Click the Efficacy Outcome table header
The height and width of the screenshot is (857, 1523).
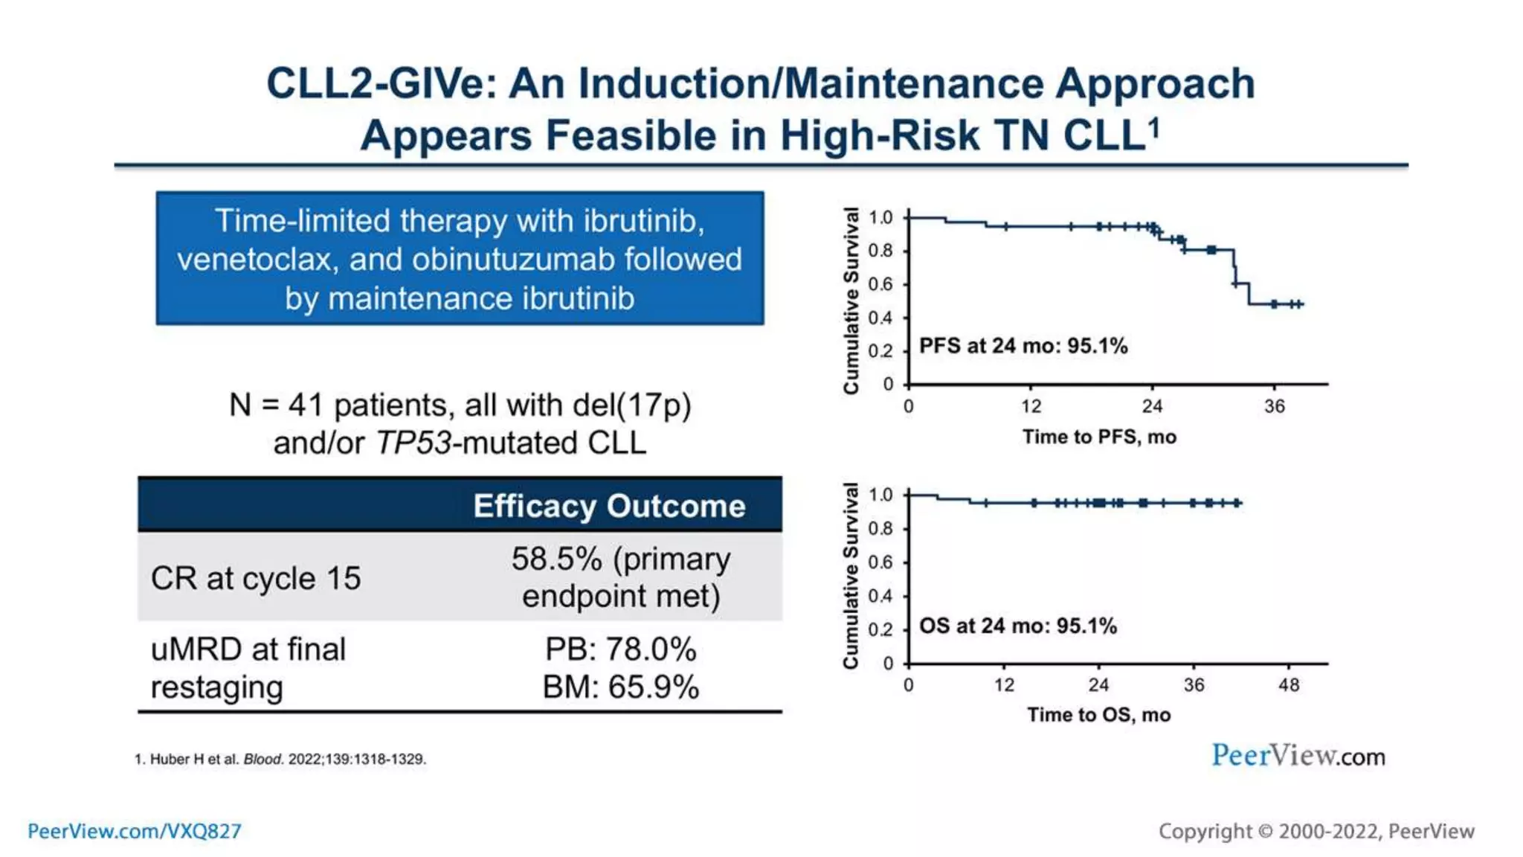click(x=609, y=506)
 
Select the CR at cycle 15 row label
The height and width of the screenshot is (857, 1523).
click(x=255, y=578)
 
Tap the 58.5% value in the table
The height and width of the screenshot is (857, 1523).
click(x=556, y=559)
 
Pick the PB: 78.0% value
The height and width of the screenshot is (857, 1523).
click(x=621, y=649)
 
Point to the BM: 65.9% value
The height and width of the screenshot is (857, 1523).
click(x=621, y=687)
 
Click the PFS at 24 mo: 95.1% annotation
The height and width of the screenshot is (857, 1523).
click(x=1023, y=346)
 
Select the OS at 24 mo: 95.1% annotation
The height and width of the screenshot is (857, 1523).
click(x=1018, y=626)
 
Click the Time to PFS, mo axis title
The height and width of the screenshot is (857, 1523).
click(x=1099, y=437)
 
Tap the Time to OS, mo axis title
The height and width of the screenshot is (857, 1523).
click(x=1099, y=715)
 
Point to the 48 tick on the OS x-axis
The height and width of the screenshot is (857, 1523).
click(x=1289, y=684)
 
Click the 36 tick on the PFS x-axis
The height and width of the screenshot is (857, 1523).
click(x=1275, y=406)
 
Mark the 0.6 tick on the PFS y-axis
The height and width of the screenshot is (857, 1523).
click(x=880, y=284)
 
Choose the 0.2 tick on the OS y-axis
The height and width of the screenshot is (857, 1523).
click(x=880, y=629)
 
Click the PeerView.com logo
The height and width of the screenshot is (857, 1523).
click(x=1298, y=756)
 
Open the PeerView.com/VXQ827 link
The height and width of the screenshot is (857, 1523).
click(x=135, y=831)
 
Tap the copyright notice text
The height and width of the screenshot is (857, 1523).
click(x=1316, y=831)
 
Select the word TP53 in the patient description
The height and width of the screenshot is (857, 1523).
click(x=413, y=443)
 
